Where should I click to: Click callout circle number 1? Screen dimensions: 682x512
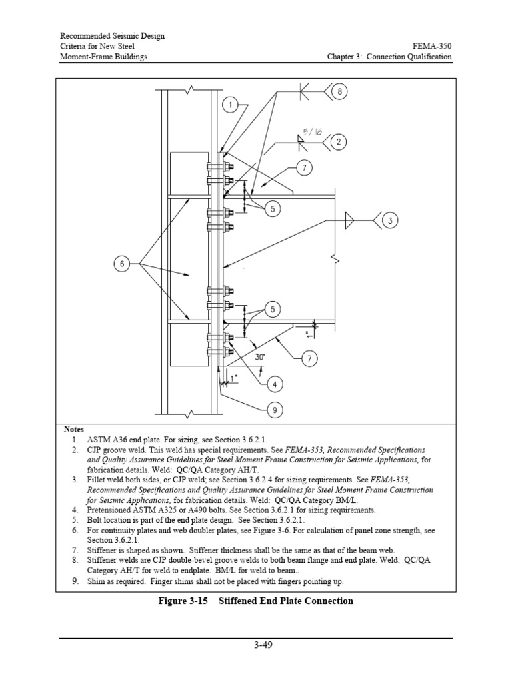point(229,105)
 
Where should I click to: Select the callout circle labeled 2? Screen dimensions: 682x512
point(338,141)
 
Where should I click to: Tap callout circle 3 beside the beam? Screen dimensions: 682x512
point(391,220)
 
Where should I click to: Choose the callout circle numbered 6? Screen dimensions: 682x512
point(122,264)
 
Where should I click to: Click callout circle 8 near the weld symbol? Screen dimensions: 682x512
point(339,92)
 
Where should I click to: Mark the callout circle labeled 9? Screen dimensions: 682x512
point(273,411)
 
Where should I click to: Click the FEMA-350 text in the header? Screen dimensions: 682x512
point(433,46)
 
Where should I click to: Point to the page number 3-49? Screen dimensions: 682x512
point(256,645)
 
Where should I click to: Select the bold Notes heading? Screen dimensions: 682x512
point(74,429)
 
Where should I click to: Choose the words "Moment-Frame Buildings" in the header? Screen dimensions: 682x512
point(104,57)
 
